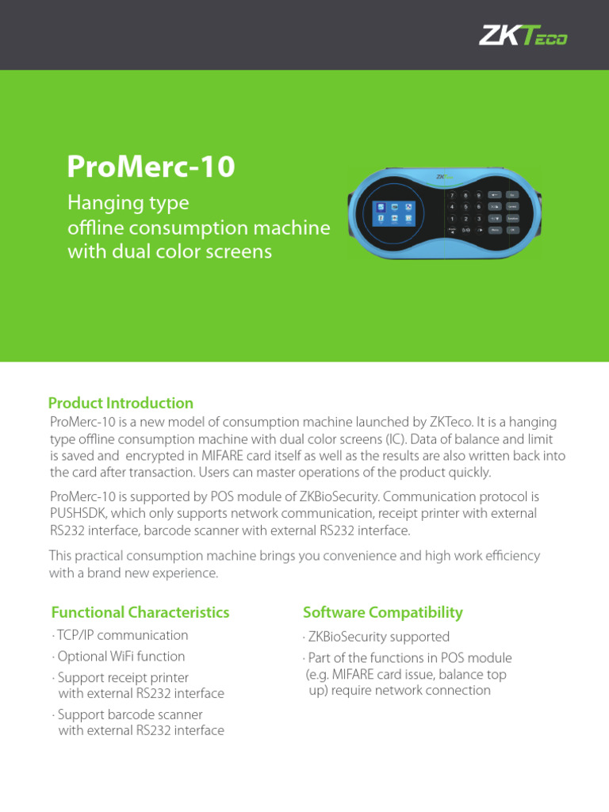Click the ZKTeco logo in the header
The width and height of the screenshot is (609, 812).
(x=523, y=36)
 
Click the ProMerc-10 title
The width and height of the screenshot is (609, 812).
(x=151, y=167)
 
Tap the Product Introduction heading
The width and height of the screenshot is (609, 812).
(x=121, y=403)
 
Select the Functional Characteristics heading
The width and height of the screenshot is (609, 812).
(x=140, y=612)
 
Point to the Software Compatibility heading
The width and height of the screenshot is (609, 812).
(x=383, y=612)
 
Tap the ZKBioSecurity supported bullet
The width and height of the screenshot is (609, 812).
(x=377, y=637)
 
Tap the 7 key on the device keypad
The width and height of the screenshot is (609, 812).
(x=452, y=195)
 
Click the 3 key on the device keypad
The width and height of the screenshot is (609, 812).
(x=478, y=219)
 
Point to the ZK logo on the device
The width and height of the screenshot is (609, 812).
(x=440, y=177)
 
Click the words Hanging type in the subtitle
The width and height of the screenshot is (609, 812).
(x=128, y=204)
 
